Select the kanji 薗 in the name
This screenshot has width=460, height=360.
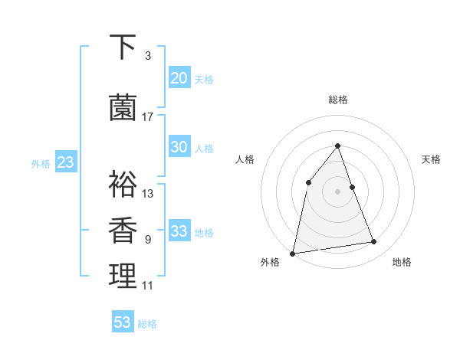123,108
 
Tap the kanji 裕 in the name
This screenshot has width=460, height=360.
123,184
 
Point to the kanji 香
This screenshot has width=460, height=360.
123,230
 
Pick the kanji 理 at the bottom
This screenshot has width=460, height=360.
123,276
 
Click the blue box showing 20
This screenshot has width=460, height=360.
179,78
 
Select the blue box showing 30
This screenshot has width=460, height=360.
179,147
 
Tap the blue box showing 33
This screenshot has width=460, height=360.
179,231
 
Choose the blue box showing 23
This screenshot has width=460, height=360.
65,162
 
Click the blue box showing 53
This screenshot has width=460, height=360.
123,322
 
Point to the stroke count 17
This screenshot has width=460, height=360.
148,117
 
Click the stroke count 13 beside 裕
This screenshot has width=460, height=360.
148,194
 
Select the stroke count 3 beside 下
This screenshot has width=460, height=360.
148,56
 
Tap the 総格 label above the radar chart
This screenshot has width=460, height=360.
338,100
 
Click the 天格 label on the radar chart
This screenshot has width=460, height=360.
431,159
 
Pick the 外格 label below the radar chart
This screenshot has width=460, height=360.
270,262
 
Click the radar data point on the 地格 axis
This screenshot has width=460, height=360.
374,242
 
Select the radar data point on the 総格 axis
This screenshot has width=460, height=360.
338,146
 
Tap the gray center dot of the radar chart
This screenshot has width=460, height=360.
338,191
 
